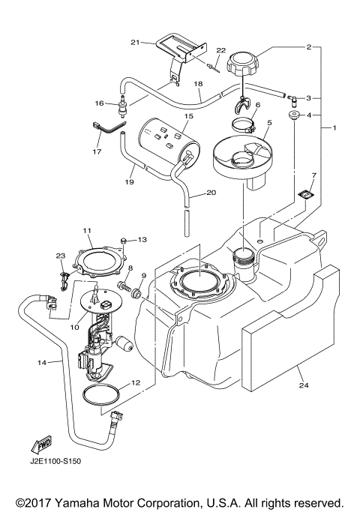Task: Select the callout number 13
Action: pyautogui.click(x=143, y=240)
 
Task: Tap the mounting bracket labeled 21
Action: pyautogui.click(x=180, y=51)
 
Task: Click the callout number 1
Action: pyautogui.click(x=334, y=129)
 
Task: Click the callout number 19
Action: pyautogui.click(x=129, y=181)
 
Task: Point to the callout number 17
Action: pyautogui.click(x=96, y=151)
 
